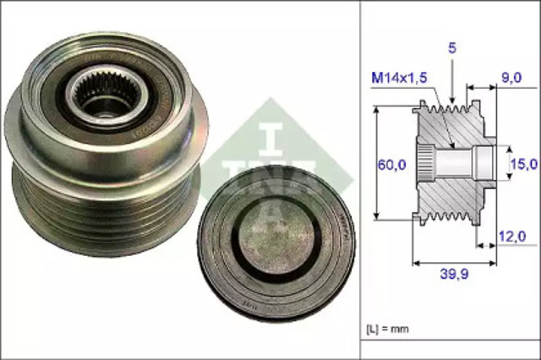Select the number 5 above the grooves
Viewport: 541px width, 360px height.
(x=452, y=50)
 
